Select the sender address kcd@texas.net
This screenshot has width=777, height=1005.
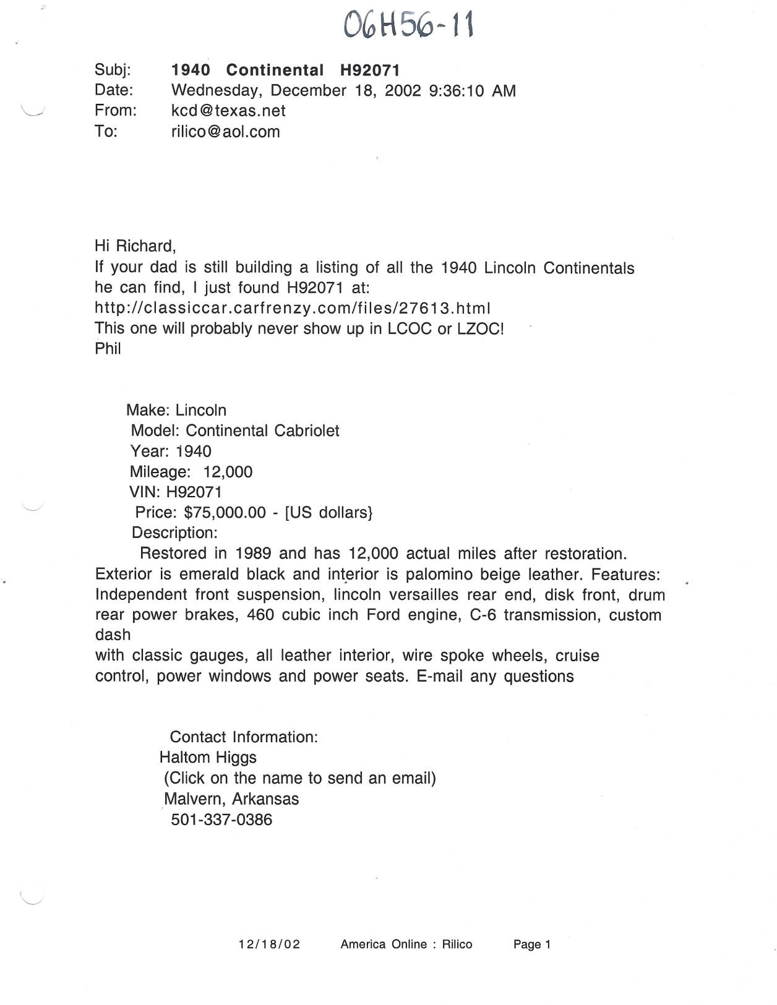[228, 111]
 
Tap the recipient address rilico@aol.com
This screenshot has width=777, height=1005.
[225, 131]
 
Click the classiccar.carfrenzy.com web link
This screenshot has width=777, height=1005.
[293, 307]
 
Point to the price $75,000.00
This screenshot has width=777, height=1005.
[225, 512]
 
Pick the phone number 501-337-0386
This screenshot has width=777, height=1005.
[221, 819]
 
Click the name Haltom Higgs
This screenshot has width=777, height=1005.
[208, 757]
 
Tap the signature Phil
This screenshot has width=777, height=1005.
[108, 348]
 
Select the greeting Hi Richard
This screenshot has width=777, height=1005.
[135, 246]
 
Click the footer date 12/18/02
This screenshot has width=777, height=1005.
[269, 944]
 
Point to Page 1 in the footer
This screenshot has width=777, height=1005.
[531, 944]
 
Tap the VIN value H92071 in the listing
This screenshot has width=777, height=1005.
[194, 492]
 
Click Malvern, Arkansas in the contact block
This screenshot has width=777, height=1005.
[231, 798]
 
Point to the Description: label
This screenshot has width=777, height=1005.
[174, 532]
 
